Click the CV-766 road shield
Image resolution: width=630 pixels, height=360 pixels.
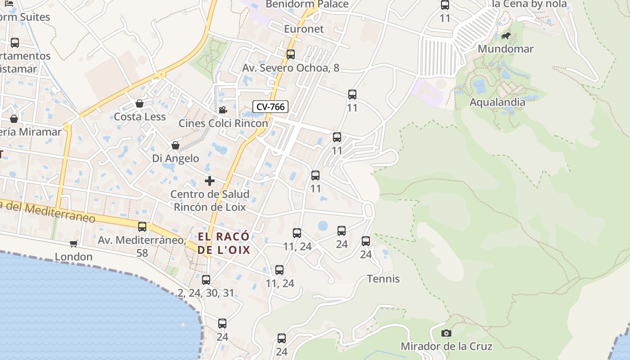pos(270,107)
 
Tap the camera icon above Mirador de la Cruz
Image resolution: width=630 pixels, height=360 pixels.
pos(446,333)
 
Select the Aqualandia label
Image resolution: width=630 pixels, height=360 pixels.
pos(497,102)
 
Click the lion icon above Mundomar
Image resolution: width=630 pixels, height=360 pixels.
pos(505,36)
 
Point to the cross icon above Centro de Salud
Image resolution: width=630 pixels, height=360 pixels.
pos(209,181)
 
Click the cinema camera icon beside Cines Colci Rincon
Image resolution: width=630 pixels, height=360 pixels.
pos(223,110)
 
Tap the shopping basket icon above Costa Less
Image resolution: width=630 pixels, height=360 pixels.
pos(139,103)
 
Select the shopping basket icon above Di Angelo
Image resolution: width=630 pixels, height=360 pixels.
pos(175,145)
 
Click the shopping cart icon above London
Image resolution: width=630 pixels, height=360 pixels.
pos(73,243)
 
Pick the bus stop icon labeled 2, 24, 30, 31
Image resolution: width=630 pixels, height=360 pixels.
pos(206,280)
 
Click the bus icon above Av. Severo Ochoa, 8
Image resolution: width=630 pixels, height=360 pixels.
pos(291,54)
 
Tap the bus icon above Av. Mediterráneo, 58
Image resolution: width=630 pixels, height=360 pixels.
pos(142,226)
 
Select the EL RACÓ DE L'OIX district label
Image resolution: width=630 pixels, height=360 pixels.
pos(223,243)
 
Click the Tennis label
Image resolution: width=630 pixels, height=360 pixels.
pos(383,279)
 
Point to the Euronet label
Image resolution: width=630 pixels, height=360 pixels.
pos(304,29)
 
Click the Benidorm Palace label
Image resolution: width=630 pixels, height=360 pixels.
pos(307,4)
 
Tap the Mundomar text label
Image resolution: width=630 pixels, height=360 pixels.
pos(505,49)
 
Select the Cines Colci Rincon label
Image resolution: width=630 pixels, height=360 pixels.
pos(223,123)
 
